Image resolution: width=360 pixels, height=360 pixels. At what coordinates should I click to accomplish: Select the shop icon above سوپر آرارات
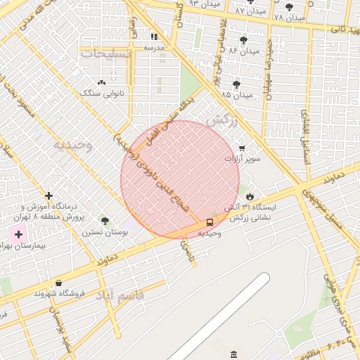pyautogui.click(x=243, y=148)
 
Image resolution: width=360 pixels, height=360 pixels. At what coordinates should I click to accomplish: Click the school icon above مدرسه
pyautogui.click(x=154, y=37)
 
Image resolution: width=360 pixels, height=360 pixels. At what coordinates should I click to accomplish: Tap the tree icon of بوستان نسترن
pyautogui.click(x=105, y=221)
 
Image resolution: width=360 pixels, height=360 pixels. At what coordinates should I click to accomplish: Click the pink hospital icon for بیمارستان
pyautogui.click(x=18, y=233)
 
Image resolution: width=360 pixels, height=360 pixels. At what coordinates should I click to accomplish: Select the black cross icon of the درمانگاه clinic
pyautogui.click(x=49, y=195)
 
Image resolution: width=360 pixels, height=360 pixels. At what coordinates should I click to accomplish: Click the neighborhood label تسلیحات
pyautogui.click(x=105, y=53)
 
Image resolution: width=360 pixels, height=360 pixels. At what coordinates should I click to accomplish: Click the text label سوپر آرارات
pyautogui.click(x=243, y=160)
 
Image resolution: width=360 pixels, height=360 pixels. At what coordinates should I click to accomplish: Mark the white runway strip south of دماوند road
pyautogui.click(x=218, y=316)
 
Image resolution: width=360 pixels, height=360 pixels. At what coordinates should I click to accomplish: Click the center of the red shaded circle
pyautogui.click(x=180, y=179)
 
